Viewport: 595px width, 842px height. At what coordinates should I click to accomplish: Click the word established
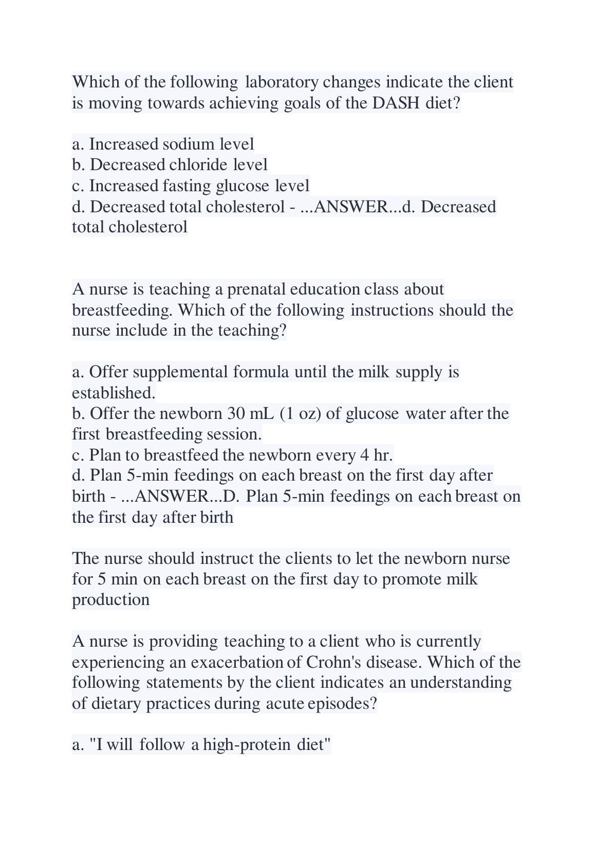point(113,393)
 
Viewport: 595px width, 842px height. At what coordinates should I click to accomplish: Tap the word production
point(111,600)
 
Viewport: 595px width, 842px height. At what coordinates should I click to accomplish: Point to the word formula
point(261,372)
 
